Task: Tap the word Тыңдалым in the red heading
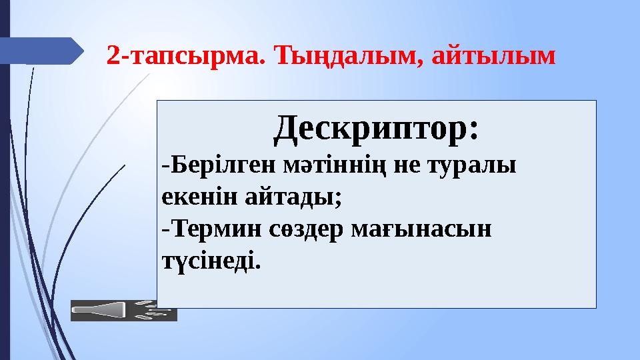[347, 55]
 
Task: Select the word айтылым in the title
[494, 55]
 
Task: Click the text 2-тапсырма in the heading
[183, 56]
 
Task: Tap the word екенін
[199, 197]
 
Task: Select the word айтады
[289, 197]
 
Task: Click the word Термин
[217, 229]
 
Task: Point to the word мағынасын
[421, 229]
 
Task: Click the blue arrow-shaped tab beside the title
[41, 51]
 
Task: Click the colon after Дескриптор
[473, 131]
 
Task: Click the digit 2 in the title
[113, 55]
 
